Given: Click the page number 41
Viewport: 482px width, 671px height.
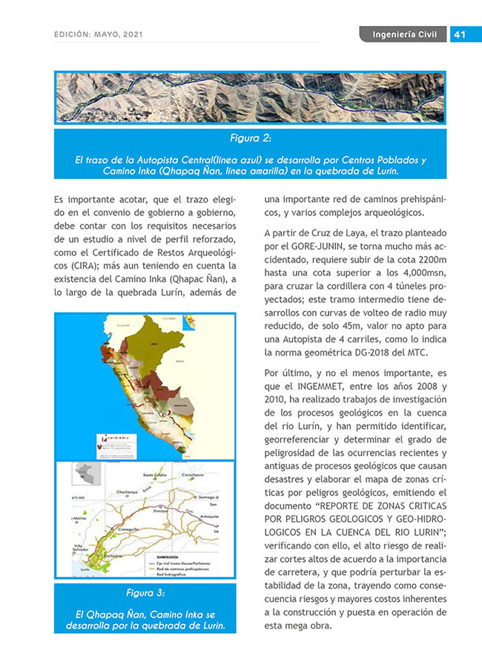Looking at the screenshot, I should tap(458, 35).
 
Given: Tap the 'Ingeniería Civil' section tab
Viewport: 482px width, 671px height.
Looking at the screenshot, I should tap(405, 35).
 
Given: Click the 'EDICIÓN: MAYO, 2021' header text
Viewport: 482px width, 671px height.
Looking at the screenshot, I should tap(99, 35).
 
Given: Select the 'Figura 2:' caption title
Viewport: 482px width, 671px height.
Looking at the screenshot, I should tap(250, 139).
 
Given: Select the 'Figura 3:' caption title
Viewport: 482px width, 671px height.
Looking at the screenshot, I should tap(145, 594).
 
